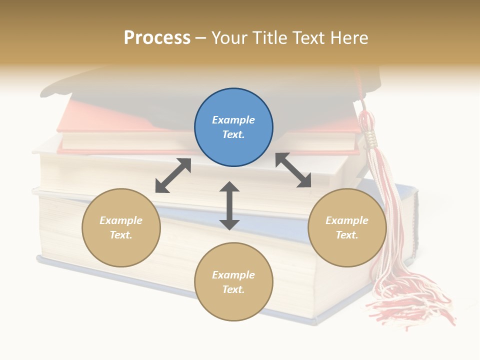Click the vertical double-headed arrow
point(229,205)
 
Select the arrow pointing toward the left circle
point(173,175)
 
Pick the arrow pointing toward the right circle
point(293,170)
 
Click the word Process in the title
point(157,38)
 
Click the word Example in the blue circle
point(233,120)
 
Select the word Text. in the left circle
point(121,235)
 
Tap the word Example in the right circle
point(347,220)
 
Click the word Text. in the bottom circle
point(233,289)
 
